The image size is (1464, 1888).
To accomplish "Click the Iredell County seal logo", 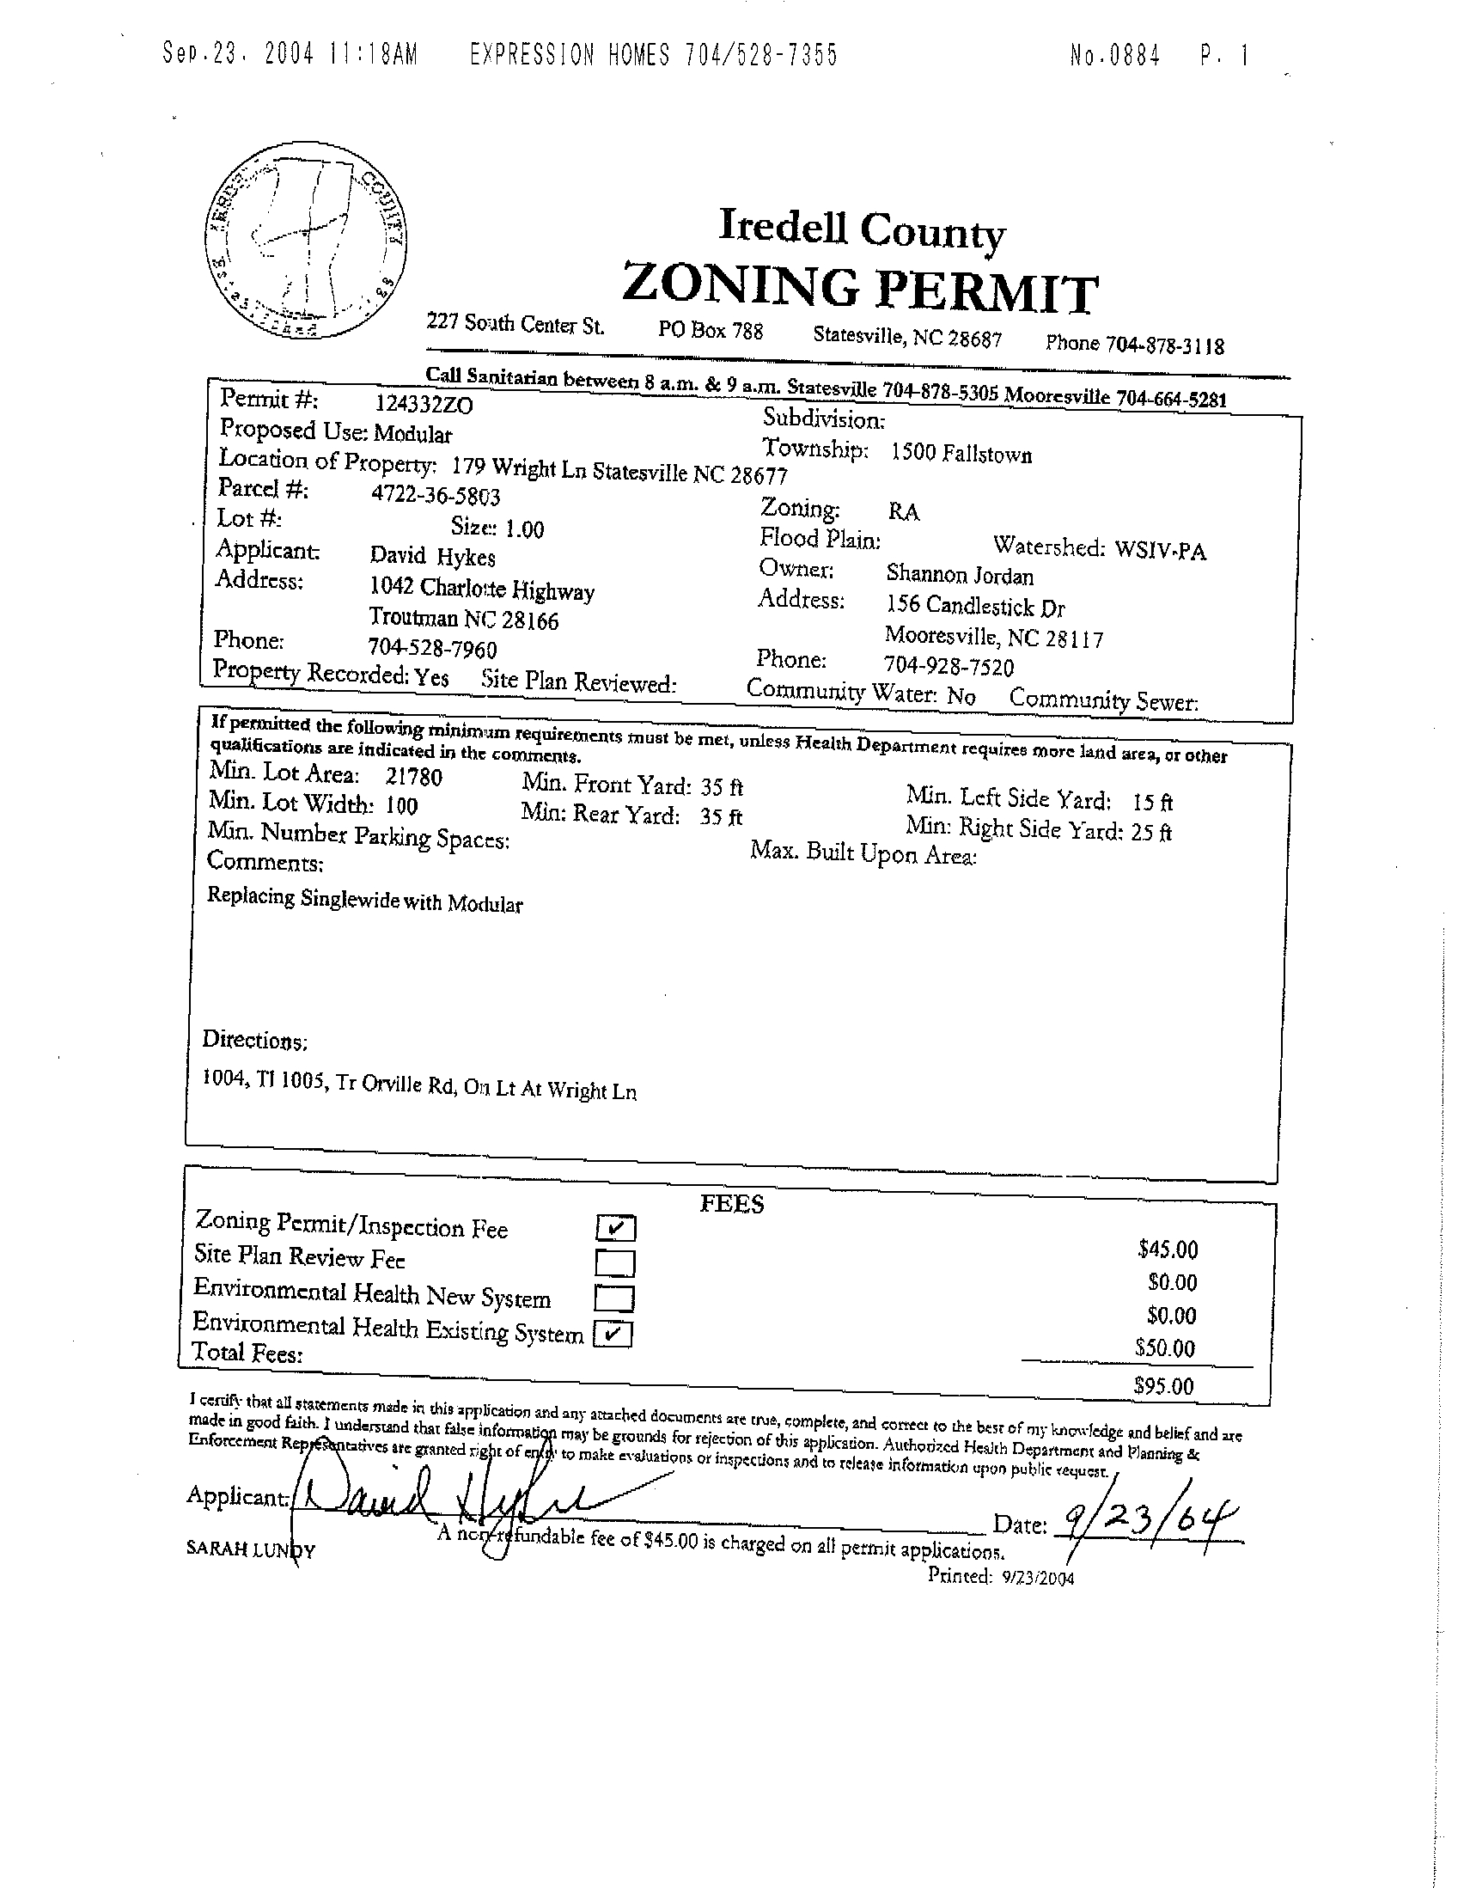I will (307, 241).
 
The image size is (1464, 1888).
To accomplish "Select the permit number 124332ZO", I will (424, 404).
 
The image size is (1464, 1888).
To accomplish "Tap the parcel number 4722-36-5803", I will (435, 495).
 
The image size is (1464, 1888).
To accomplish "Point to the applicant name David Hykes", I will (432, 556).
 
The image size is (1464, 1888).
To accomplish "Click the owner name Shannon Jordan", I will (960, 575).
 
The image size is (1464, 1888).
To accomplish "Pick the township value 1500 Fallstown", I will (961, 454).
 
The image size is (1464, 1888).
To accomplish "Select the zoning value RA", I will (903, 512).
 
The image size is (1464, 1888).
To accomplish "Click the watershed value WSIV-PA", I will (1160, 550).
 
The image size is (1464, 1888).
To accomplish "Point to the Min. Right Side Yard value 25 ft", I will (1151, 833).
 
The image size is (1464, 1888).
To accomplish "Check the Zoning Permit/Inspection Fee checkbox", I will (615, 1227).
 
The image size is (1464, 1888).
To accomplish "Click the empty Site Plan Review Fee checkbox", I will (615, 1263).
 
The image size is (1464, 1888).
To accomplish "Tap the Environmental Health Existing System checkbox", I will (613, 1334).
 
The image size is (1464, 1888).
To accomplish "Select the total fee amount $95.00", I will (1163, 1387).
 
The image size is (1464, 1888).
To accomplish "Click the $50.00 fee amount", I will (1165, 1347).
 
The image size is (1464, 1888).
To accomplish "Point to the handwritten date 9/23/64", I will (1149, 1521).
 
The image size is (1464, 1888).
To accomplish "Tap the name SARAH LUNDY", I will (251, 1549).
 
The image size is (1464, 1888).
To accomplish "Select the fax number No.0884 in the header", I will (1115, 56).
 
